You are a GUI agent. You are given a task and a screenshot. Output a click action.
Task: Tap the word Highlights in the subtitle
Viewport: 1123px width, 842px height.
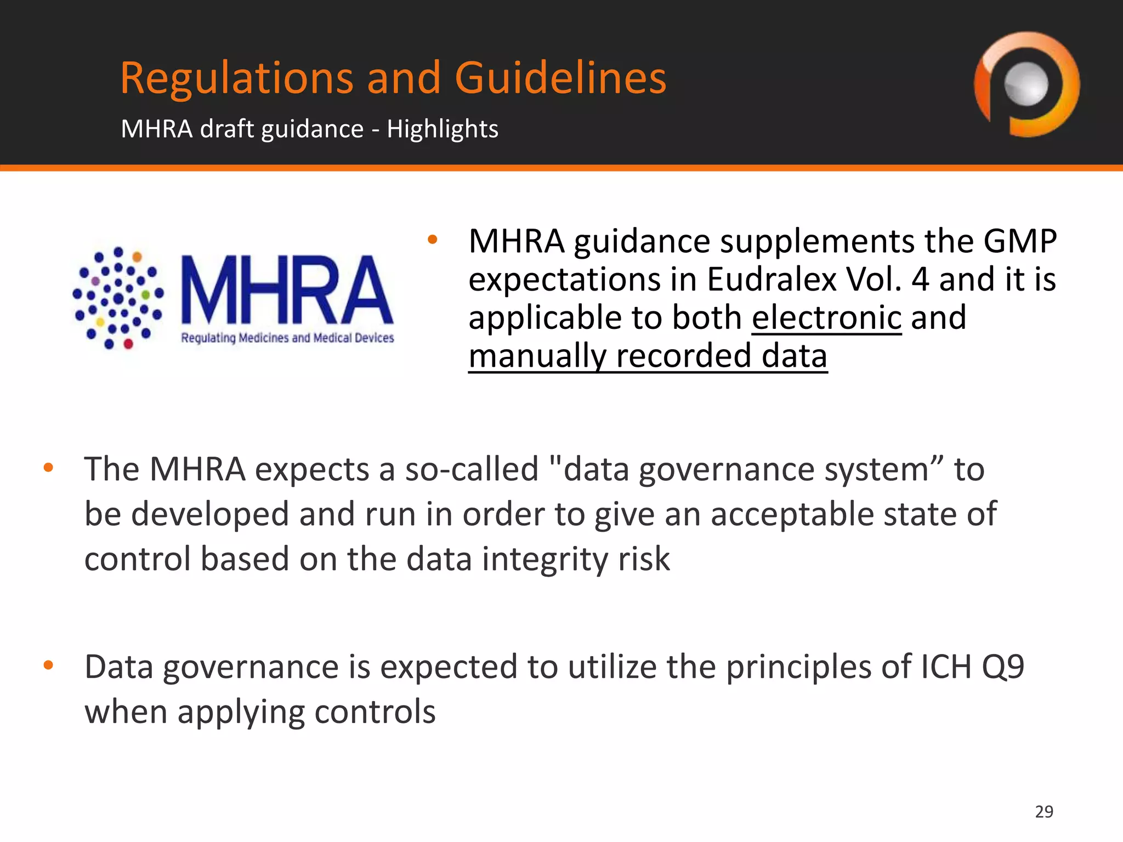pyautogui.click(x=443, y=129)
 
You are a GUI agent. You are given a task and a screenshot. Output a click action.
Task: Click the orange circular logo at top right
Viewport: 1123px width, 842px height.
pyautogui.click(x=1026, y=84)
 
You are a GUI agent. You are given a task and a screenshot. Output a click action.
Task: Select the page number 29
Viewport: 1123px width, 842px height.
pyautogui.click(x=1044, y=811)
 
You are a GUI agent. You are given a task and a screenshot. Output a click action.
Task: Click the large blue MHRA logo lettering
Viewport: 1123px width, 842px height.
pyautogui.click(x=287, y=291)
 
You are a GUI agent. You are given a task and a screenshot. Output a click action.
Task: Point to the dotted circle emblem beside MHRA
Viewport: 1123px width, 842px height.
pyautogui.click(x=118, y=298)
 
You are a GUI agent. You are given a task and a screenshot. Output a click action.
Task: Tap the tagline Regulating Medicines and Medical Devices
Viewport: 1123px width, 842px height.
pyautogui.click(x=287, y=338)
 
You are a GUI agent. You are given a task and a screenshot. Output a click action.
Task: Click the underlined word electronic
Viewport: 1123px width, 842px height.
pyautogui.click(x=826, y=318)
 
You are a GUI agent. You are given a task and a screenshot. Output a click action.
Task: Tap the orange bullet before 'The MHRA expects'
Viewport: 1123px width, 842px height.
pyautogui.click(x=48, y=468)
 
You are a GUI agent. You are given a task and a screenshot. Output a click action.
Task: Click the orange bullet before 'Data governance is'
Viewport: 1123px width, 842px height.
pyautogui.click(x=48, y=665)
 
